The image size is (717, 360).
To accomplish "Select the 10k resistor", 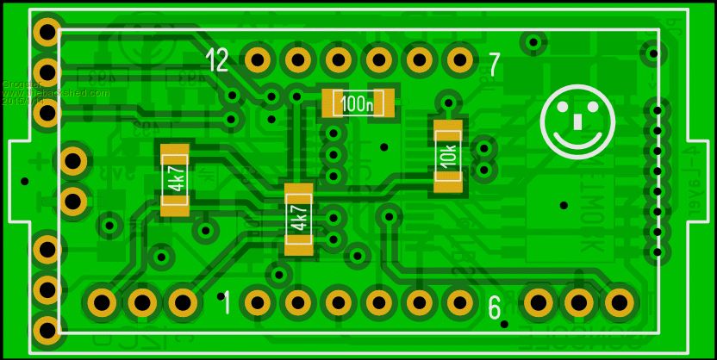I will [447, 156].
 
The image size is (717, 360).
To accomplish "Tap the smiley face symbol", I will [577, 121].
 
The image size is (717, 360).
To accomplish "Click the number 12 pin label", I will [217, 60].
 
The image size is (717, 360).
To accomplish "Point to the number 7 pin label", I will [494, 65].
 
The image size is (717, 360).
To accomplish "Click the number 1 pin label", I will [226, 303].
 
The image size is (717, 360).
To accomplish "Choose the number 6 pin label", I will [495, 307].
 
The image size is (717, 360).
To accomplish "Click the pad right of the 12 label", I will [257, 59].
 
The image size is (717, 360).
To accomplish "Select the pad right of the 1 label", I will [257, 302].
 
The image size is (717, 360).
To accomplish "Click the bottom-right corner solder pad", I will [618, 302].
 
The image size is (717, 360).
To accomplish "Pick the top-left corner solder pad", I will [46, 33].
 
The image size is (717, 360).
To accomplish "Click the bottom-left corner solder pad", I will [46, 327].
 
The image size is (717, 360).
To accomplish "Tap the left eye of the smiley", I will [563, 109].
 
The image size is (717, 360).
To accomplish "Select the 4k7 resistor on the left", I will [175, 180].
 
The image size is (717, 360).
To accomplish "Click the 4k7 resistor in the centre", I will [298, 219].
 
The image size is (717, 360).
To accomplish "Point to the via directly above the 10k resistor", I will [446, 103].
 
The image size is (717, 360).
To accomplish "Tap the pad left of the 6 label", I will [459, 302].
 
